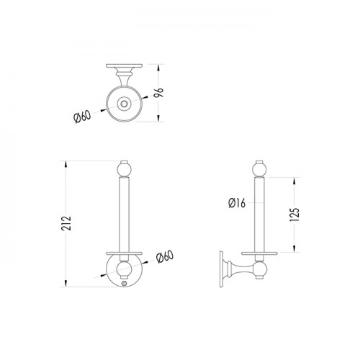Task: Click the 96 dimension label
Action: (x=158, y=92)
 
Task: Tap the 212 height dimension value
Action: (x=66, y=223)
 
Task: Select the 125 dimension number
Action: (x=294, y=215)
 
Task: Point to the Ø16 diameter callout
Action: (x=237, y=203)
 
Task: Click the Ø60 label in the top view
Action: (x=82, y=117)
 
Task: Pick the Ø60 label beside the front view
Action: (x=164, y=257)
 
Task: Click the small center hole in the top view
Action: (x=124, y=104)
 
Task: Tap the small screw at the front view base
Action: (x=124, y=283)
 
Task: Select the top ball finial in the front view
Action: (x=124, y=168)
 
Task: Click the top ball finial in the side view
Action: (x=259, y=168)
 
